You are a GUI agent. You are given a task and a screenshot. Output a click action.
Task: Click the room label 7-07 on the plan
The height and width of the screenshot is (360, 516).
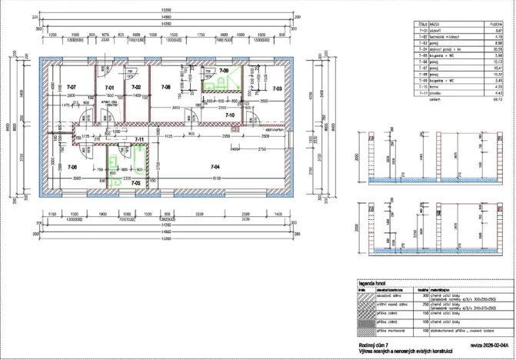click(x=72, y=88)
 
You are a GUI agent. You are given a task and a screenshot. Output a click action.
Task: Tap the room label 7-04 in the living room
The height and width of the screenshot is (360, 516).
click(x=215, y=166)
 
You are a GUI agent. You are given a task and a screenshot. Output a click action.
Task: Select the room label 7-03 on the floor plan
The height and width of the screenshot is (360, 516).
click(x=277, y=89)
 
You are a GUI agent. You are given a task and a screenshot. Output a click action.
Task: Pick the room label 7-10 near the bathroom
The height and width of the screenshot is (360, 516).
click(x=229, y=115)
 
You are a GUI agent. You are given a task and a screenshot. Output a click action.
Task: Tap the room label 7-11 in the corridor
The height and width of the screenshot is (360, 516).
click(x=140, y=139)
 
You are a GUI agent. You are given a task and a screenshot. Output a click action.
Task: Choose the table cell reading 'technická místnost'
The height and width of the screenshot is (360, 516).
click(x=443, y=36)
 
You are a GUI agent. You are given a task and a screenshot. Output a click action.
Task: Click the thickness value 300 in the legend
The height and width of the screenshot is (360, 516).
click(x=421, y=295)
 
